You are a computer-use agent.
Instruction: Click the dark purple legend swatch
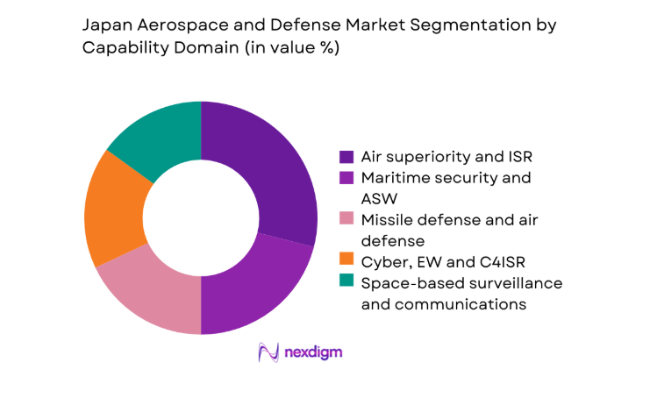pyautogui.click(x=346, y=157)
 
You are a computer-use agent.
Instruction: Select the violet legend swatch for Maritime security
pyautogui.click(x=346, y=178)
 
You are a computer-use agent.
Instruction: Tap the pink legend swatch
pyautogui.click(x=346, y=220)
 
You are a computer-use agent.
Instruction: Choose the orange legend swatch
pyautogui.click(x=346, y=262)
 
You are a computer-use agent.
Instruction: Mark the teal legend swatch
pyautogui.click(x=346, y=283)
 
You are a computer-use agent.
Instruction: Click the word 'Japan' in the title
pyautogui.click(x=106, y=27)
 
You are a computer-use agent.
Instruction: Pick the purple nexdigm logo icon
pyautogui.click(x=268, y=352)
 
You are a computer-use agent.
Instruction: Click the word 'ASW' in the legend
pyautogui.click(x=379, y=199)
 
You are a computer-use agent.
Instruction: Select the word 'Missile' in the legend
pyautogui.click(x=389, y=220)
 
